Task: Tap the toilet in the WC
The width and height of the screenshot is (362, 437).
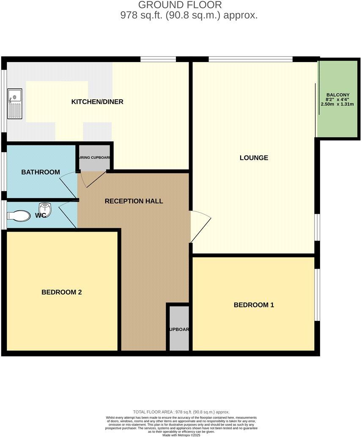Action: tap(19, 216)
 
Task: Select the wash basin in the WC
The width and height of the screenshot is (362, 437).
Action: tap(44, 209)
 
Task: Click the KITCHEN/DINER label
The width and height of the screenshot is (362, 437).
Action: tap(97, 102)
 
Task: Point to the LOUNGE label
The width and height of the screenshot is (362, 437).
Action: tap(254, 158)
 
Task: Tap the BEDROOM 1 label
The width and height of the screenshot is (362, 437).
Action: tap(254, 305)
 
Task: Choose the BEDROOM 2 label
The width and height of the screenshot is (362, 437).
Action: tap(61, 292)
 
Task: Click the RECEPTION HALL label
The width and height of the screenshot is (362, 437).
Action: tap(134, 201)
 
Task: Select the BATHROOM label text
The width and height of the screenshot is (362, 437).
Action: tap(41, 172)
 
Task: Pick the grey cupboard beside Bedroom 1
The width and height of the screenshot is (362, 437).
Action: tap(179, 328)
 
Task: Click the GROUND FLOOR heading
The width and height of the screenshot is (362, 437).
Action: tap(180, 5)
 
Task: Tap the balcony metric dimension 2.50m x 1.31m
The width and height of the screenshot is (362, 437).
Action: tap(337, 104)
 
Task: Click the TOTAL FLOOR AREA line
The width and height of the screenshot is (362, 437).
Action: tap(181, 412)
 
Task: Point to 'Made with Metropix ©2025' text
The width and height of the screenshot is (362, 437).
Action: tap(181, 434)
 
